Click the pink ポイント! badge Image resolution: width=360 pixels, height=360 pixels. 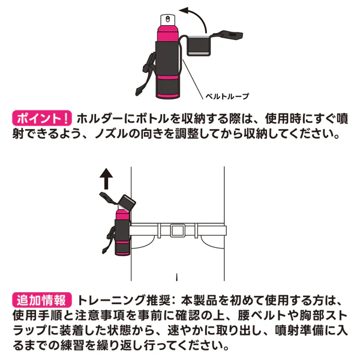click(42, 118)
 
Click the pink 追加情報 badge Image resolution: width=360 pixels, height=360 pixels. click(42, 300)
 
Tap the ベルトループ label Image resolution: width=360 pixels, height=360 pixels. click(227, 96)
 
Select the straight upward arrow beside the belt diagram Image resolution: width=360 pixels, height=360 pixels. click(106, 179)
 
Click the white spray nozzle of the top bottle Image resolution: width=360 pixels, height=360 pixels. click(168, 20)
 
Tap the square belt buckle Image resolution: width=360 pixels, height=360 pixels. click(177, 231)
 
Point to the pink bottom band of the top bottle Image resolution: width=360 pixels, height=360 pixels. click(167, 95)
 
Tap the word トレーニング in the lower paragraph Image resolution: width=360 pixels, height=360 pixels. click(112, 300)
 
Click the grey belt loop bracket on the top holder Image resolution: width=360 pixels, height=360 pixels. click(199, 46)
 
